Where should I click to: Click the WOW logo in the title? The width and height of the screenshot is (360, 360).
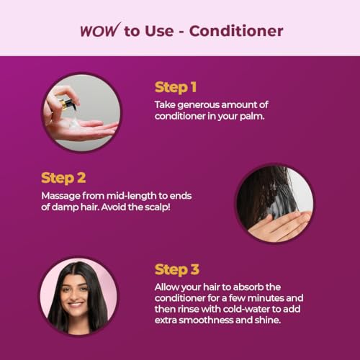coord(100,30)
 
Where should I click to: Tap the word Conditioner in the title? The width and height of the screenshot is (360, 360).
coord(236,31)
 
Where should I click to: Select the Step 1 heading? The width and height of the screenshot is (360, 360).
coord(176,87)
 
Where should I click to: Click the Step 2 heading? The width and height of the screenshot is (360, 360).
coord(63,178)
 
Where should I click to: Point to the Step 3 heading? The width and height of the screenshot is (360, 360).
coord(177,269)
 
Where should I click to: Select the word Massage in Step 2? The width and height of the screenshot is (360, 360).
coord(60,196)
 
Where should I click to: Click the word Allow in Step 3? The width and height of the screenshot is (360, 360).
coord(166,287)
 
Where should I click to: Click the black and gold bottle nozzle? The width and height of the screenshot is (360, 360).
coord(67,104)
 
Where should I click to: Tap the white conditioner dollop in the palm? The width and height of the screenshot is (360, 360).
coord(73,124)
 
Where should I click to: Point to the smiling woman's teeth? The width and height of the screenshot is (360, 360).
coord(76,305)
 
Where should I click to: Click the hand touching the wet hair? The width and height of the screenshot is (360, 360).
coord(279,225)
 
